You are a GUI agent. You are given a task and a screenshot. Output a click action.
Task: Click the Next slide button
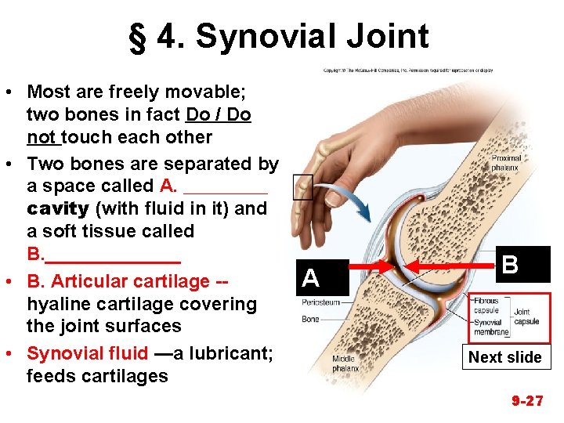tap(505, 357)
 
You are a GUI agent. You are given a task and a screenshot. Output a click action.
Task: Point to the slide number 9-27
tap(527, 401)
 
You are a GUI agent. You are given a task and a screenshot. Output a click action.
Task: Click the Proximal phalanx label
tap(506, 163)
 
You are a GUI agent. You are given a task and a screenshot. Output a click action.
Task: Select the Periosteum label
tap(321, 302)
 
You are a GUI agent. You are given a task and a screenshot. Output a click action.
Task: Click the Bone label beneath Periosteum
tap(310, 319)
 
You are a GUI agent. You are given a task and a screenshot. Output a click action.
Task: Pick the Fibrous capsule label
tap(486, 305)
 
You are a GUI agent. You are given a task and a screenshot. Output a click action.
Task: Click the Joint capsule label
tap(526, 316)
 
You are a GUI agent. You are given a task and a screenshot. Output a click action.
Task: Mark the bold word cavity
tap(57, 209)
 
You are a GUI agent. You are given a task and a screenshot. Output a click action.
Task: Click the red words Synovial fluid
tap(87, 353)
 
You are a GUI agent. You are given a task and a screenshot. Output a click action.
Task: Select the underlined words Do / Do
tap(219, 115)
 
